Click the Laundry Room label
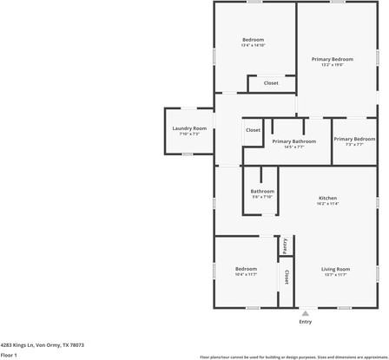pos(188,128)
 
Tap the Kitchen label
pos(328,197)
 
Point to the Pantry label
pos(284,245)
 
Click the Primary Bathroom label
pos(293,141)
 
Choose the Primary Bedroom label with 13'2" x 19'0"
pos(333,58)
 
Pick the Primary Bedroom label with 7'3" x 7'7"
pos(354,139)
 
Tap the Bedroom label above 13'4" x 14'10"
pos(253,39)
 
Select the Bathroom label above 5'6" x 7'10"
pos(262,191)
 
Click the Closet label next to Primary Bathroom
pos(253,129)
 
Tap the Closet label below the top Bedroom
pos(271,82)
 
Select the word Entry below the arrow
pos(306,322)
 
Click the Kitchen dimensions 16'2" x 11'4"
pos(328,204)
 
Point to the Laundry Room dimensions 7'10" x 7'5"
pos(188,134)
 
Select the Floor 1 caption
pos(10,355)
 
